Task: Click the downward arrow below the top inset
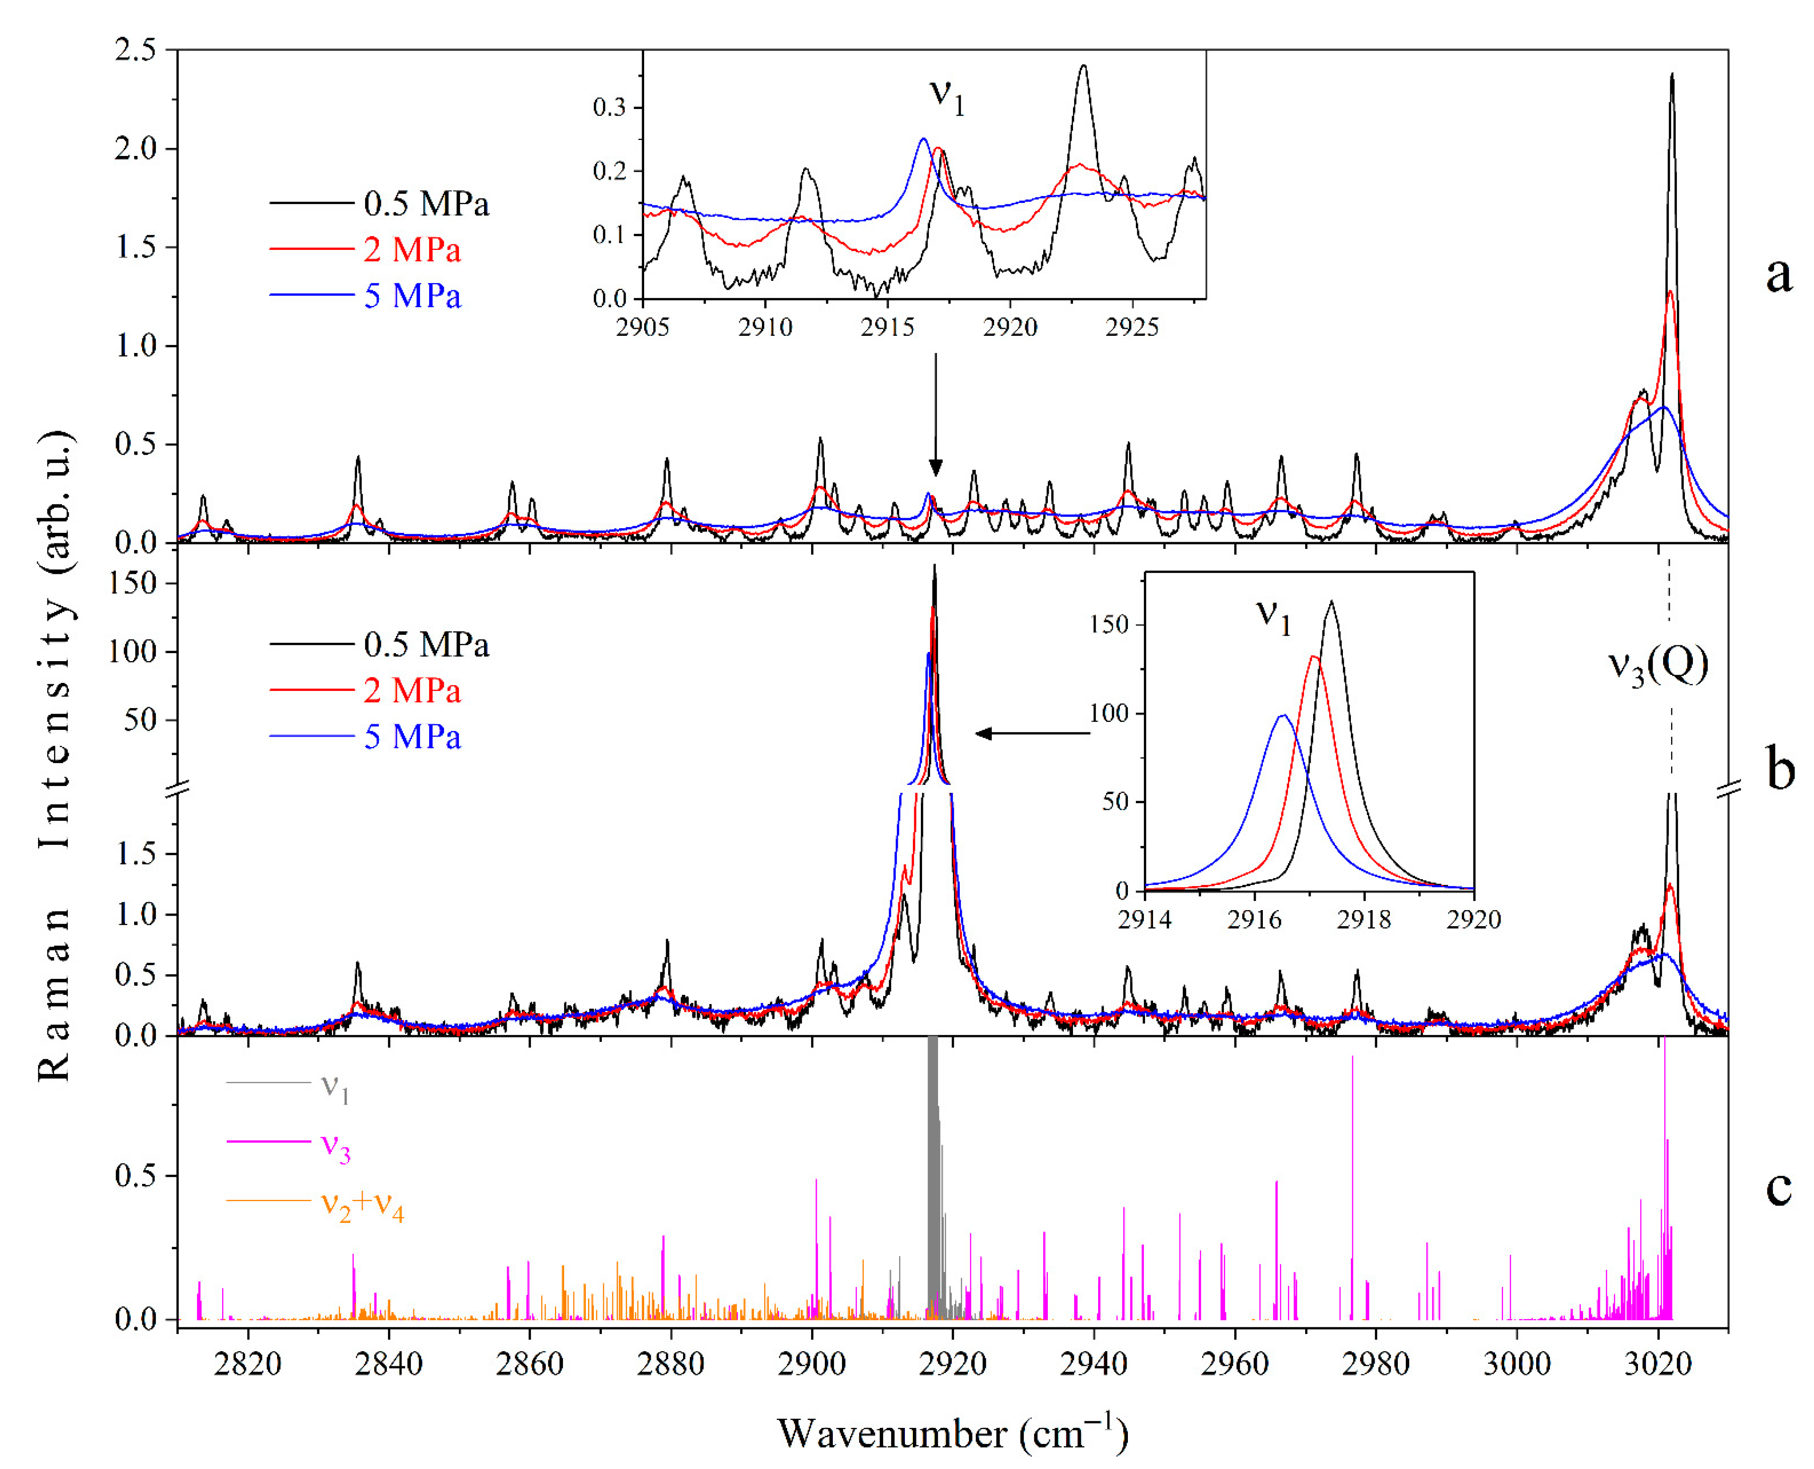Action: point(935,415)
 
